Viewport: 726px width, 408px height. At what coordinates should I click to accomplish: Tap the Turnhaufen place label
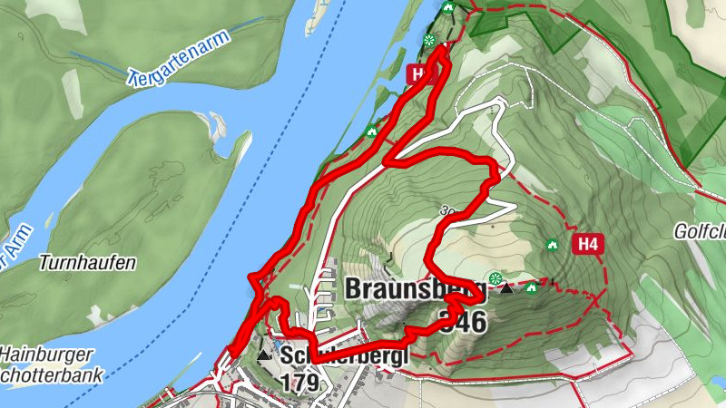(x=87, y=263)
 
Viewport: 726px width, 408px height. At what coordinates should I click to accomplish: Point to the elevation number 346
(x=463, y=320)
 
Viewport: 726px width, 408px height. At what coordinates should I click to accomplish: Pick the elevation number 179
(x=299, y=383)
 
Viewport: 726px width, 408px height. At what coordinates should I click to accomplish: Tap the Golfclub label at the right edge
(x=700, y=232)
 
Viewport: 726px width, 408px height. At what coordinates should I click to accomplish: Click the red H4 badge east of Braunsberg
(x=588, y=243)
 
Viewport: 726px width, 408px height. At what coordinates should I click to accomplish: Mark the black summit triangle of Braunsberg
(x=506, y=289)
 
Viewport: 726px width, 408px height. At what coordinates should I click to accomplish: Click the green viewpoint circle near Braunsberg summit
(x=495, y=277)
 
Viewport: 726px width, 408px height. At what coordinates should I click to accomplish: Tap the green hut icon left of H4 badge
(x=551, y=244)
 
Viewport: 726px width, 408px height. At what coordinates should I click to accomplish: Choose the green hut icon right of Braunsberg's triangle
(x=530, y=288)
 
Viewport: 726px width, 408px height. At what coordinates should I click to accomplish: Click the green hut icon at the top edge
(x=446, y=8)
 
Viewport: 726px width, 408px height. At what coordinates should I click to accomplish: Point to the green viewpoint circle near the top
(x=428, y=40)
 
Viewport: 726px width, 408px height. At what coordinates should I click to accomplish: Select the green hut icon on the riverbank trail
(x=370, y=132)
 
